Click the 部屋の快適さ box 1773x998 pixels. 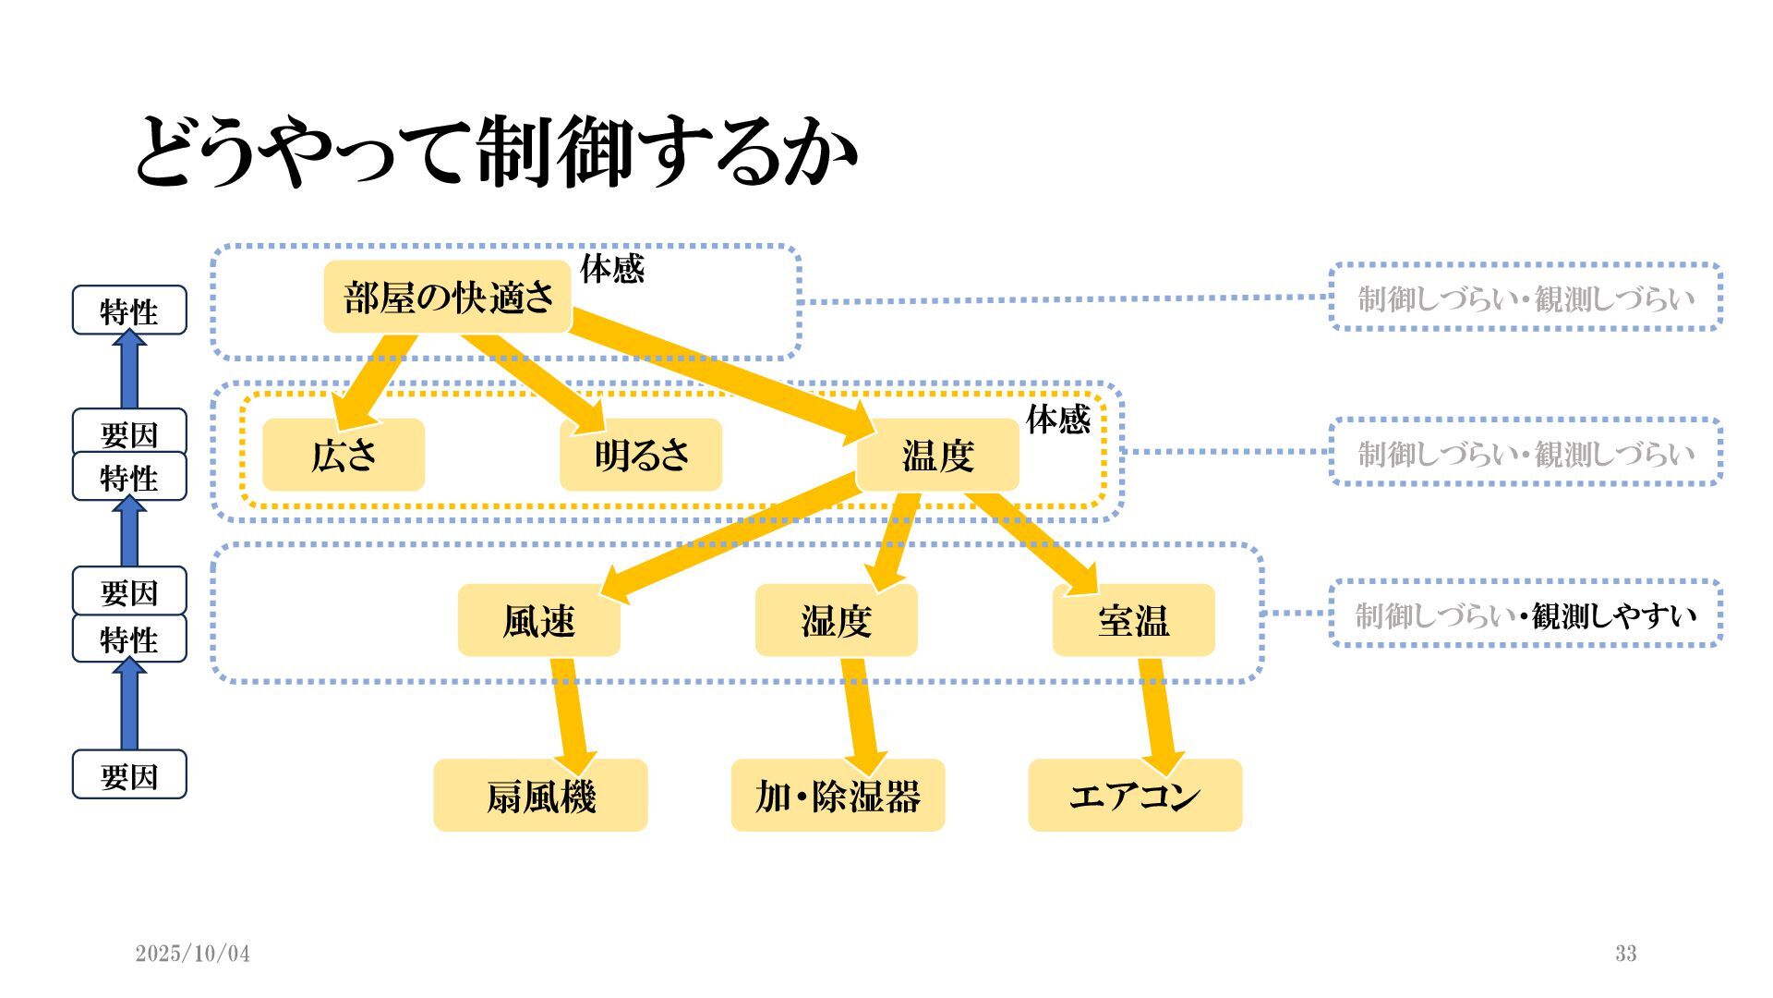tap(448, 298)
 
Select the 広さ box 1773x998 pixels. tap(344, 455)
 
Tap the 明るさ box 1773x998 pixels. tap(641, 455)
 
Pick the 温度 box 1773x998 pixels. tap(938, 455)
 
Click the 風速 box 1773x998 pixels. tap(539, 620)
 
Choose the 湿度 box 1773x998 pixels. tap(837, 620)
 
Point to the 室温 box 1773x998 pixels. tap(1134, 620)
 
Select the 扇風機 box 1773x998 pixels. tap(541, 796)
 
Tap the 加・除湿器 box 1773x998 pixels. tap(838, 796)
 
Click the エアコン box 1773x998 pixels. tap(1136, 796)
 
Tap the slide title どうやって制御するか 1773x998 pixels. tap(497, 150)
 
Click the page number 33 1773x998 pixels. tap(1626, 954)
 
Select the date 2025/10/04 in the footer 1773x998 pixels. tap(193, 954)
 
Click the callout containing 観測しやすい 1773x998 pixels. tap(1526, 615)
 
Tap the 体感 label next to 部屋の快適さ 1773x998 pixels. tap(611, 269)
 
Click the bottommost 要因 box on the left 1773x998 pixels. tap(129, 775)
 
